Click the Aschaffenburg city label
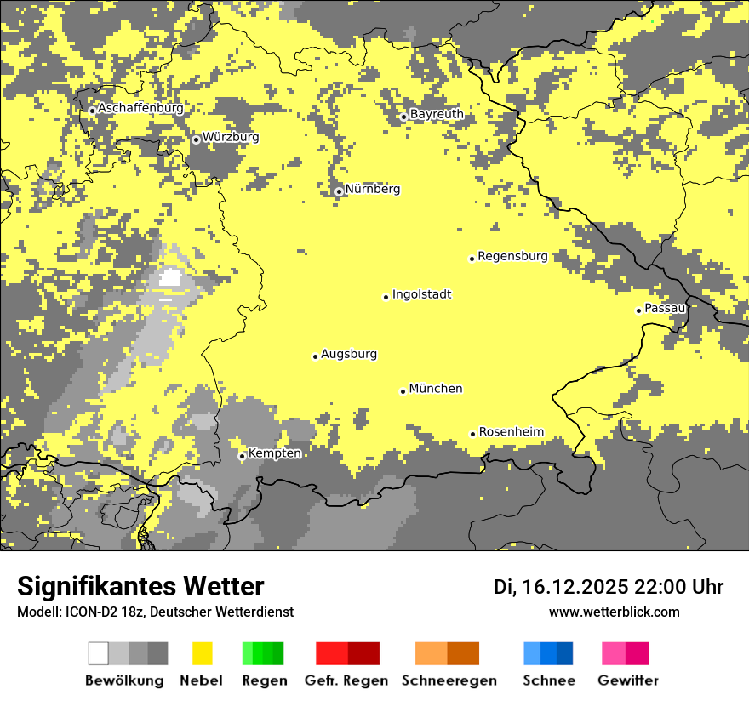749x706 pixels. (x=140, y=109)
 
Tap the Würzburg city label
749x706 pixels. (x=231, y=137)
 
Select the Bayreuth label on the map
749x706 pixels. (x=437, y=114)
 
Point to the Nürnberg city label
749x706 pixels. (x=372, y=189)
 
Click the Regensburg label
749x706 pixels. (x=512, y=256)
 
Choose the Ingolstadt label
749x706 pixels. (x=421, y=294)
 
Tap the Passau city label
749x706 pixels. (x=665, y=308)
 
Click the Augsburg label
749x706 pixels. (x=348, y=354)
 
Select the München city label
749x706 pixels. (x=435, y=389)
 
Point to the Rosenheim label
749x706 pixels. (x=511, y=432)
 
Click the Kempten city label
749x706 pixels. (x=274, y=453)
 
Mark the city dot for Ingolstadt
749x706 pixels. (x=386, y=297)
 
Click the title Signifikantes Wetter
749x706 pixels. (x=140, y=587)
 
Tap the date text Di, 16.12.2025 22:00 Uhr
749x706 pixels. (x=608, y=587)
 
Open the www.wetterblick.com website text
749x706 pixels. (x=614, y=612)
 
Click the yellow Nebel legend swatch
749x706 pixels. (x=203, y=653)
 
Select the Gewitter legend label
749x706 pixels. (x=627, y=680)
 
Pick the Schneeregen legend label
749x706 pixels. (x=449, y=680)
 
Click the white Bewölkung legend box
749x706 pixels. (x=99, y=653)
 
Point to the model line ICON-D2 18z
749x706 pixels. (x=155, y=612)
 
